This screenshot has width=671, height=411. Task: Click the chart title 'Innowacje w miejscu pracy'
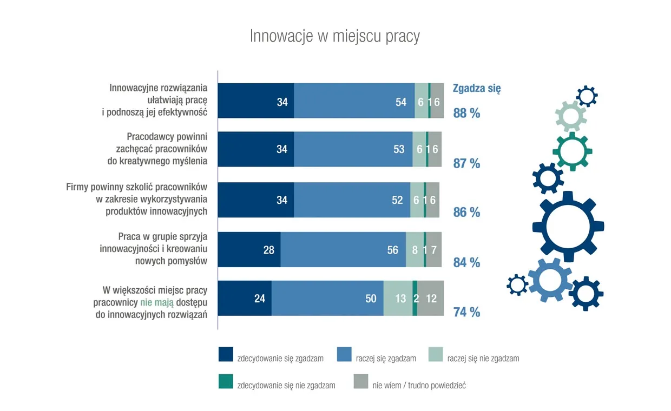[334, 36]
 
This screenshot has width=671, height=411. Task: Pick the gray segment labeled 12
[431, 298]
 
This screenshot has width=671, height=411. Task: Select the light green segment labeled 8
[415, 250]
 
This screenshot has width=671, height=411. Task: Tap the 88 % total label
[466, 114]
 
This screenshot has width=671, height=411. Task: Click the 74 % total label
[466, 312]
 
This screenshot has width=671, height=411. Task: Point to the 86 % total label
[466, 213]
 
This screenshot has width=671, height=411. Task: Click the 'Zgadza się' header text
[476, 89]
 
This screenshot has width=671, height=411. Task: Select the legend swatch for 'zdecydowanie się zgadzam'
[226, 354]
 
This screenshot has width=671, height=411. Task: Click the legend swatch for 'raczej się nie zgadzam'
[436, 354]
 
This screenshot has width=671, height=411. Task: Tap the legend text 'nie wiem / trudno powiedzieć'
[419, 386]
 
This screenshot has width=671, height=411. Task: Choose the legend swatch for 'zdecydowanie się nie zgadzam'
[226, 382]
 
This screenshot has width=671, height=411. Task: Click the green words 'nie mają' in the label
[157, 303]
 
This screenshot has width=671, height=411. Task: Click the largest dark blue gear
[568, 226]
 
